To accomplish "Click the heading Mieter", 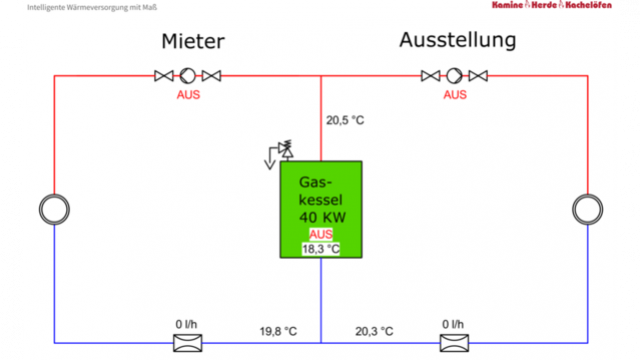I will (x=193, y=42).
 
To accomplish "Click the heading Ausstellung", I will (x=457, y=41).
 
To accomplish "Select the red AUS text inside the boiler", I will (x=320, y=234).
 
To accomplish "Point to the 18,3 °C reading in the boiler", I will (x=321, y=248).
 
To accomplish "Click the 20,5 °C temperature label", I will (x=345, y=121).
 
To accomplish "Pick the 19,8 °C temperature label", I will (x=278, y=331).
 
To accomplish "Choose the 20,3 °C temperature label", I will (x=374, y=331).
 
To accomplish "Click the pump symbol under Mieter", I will (x=187, y=75).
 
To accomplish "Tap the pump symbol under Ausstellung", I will (x=454, y=75).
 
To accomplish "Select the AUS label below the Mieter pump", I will (x=189, y=95).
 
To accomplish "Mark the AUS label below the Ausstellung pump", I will (x=455, y=95).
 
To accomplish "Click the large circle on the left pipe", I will (x=53, y=209).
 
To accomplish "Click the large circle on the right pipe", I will (x=586, y=209).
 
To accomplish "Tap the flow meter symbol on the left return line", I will (x=187, y=343).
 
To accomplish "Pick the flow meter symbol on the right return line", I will (x=454, y=343).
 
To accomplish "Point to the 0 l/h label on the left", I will (x=187, y=324).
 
